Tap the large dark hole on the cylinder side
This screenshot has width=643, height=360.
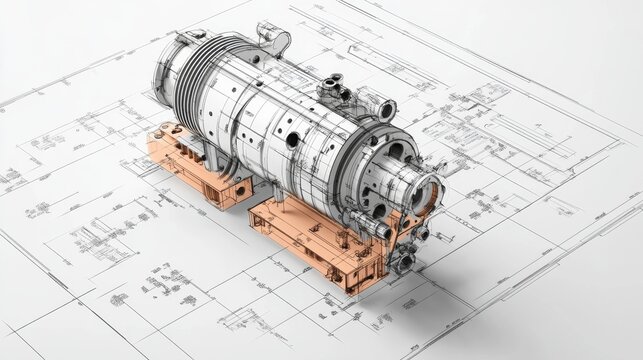click(x=292, y=141)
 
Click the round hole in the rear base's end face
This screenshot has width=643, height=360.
click(x=243, y=187)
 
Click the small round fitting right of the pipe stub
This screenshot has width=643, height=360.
click(x=421, y=234)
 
